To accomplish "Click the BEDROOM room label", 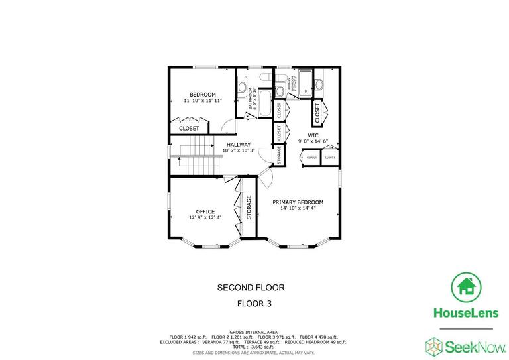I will [202, 95].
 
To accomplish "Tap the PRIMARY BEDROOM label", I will [298, 202].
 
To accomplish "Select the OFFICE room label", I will [205, 211].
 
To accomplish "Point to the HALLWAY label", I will [239, 145].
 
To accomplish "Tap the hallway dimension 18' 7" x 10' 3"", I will [239, 151].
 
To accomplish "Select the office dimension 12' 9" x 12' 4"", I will [205, 217].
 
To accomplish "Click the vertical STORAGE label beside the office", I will [249, 208].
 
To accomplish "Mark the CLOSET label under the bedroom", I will [189, 128].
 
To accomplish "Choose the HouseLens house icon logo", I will [466, 286].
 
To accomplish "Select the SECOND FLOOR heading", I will [251, 288].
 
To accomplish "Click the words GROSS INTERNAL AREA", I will [254, 331].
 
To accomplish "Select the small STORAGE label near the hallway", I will [280, 154].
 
